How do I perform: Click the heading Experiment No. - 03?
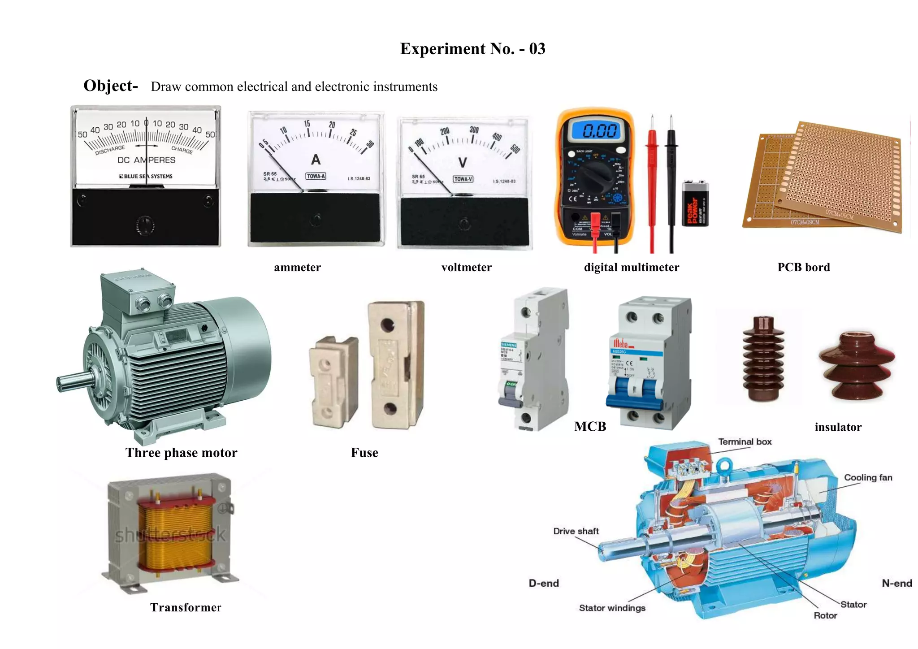(x=472, y=49)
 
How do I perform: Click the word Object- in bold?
(x=110, y=85)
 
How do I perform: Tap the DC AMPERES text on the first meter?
(x=146, y=160)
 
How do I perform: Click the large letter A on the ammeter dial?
(x=316, y=160)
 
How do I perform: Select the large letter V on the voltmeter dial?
(x=463, y=162)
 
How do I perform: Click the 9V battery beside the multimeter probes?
(x=695, y=204)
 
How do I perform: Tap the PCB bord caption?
(x=803, y=267)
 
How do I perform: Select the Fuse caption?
(x=364, y=453)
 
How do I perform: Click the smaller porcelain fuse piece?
(x=333, y=381)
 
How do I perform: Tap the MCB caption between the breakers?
(x=590, y=426)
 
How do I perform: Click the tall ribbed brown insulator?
(x=763, y=359)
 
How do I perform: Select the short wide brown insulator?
(x=856, y=365)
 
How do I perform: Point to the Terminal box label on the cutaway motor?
(x=745, y=441)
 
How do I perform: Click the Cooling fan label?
(x=868, y=477)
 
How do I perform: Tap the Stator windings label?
(x=612, y=608)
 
